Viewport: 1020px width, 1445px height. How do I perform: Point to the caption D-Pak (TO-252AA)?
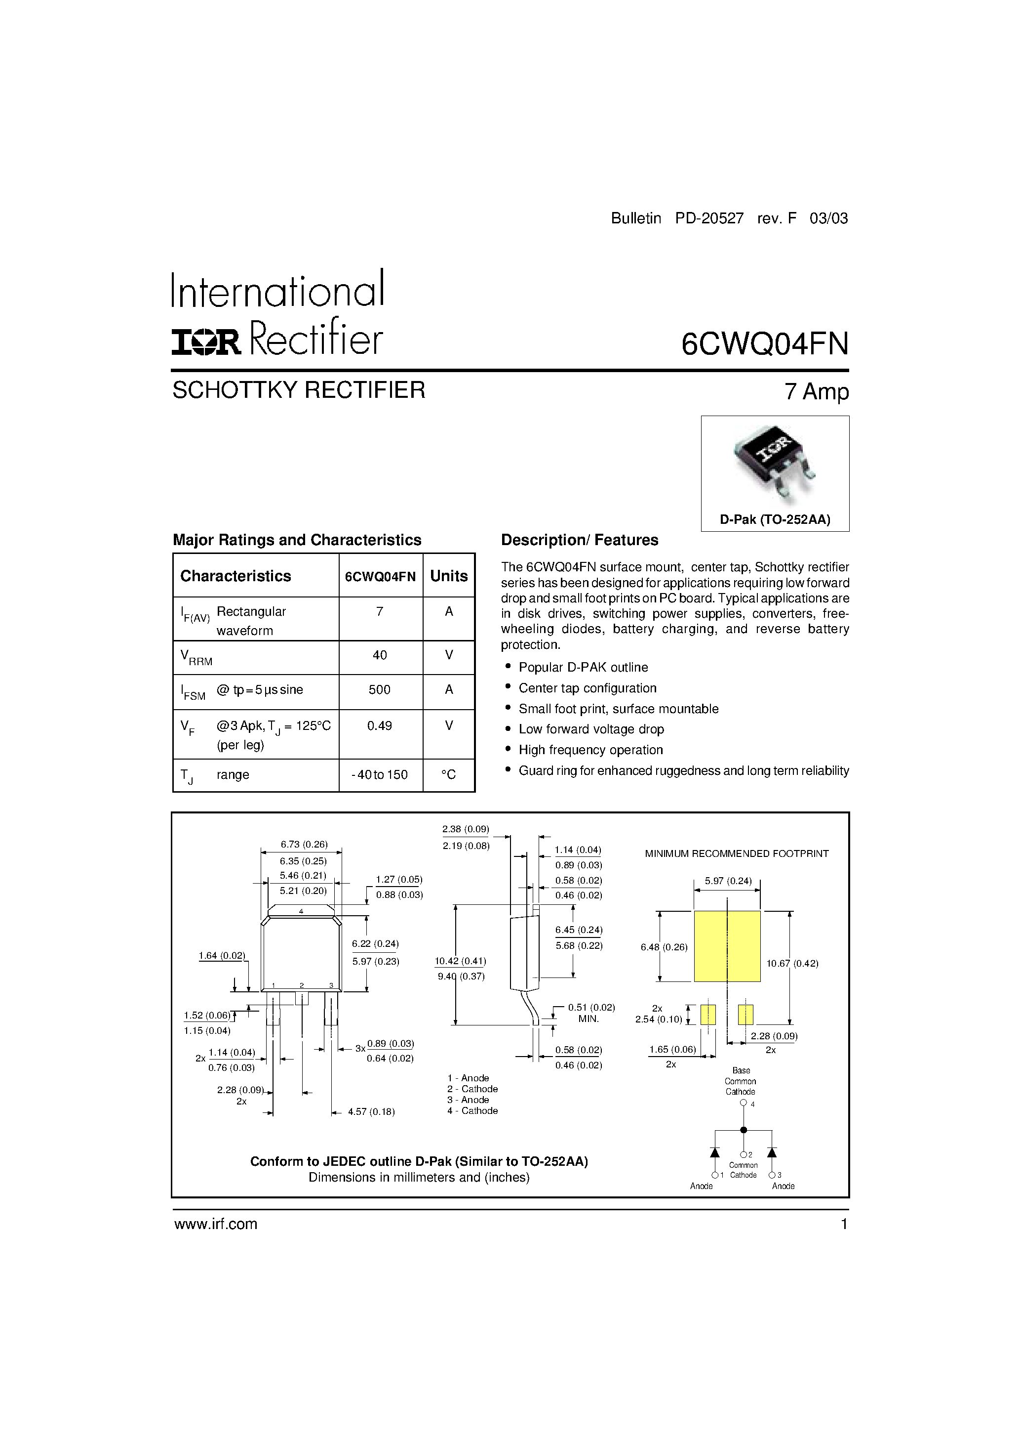[775, 520]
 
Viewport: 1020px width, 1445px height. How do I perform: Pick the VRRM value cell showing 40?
[380, 655]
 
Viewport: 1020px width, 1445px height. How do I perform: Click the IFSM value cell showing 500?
[380, 690]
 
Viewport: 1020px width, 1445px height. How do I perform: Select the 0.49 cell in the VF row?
[380, 725]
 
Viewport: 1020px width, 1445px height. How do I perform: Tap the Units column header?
[448, 576]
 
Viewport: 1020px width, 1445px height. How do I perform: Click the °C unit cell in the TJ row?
[448, 775]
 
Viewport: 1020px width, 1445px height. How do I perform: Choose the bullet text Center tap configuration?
[588, 688]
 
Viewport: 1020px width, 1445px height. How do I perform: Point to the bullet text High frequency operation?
[590, 750]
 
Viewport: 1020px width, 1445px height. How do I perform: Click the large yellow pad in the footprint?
[727, 946]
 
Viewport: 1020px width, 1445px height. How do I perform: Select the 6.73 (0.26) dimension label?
[304, 845]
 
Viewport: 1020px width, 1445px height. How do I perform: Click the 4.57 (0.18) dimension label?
[371, 1112]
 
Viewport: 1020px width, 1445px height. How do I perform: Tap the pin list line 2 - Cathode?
[473, 1089]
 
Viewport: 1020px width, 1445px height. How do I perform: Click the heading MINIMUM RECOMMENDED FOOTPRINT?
[737, 853]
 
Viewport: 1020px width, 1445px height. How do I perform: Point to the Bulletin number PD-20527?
[709, 218]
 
